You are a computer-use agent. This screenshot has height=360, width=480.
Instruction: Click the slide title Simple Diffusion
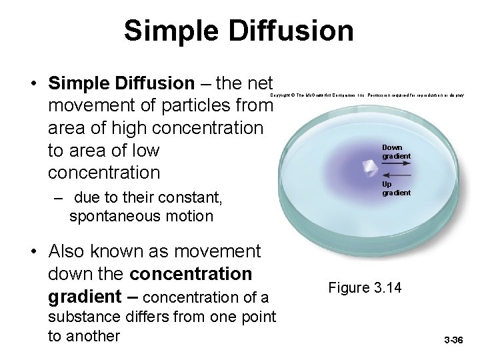click(239, 31)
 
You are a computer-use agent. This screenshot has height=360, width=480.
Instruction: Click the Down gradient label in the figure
click(395, 151)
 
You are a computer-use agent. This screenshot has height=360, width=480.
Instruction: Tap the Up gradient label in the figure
click(395, 188)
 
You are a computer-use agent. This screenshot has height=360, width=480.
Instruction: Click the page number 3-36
click(453, 341)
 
